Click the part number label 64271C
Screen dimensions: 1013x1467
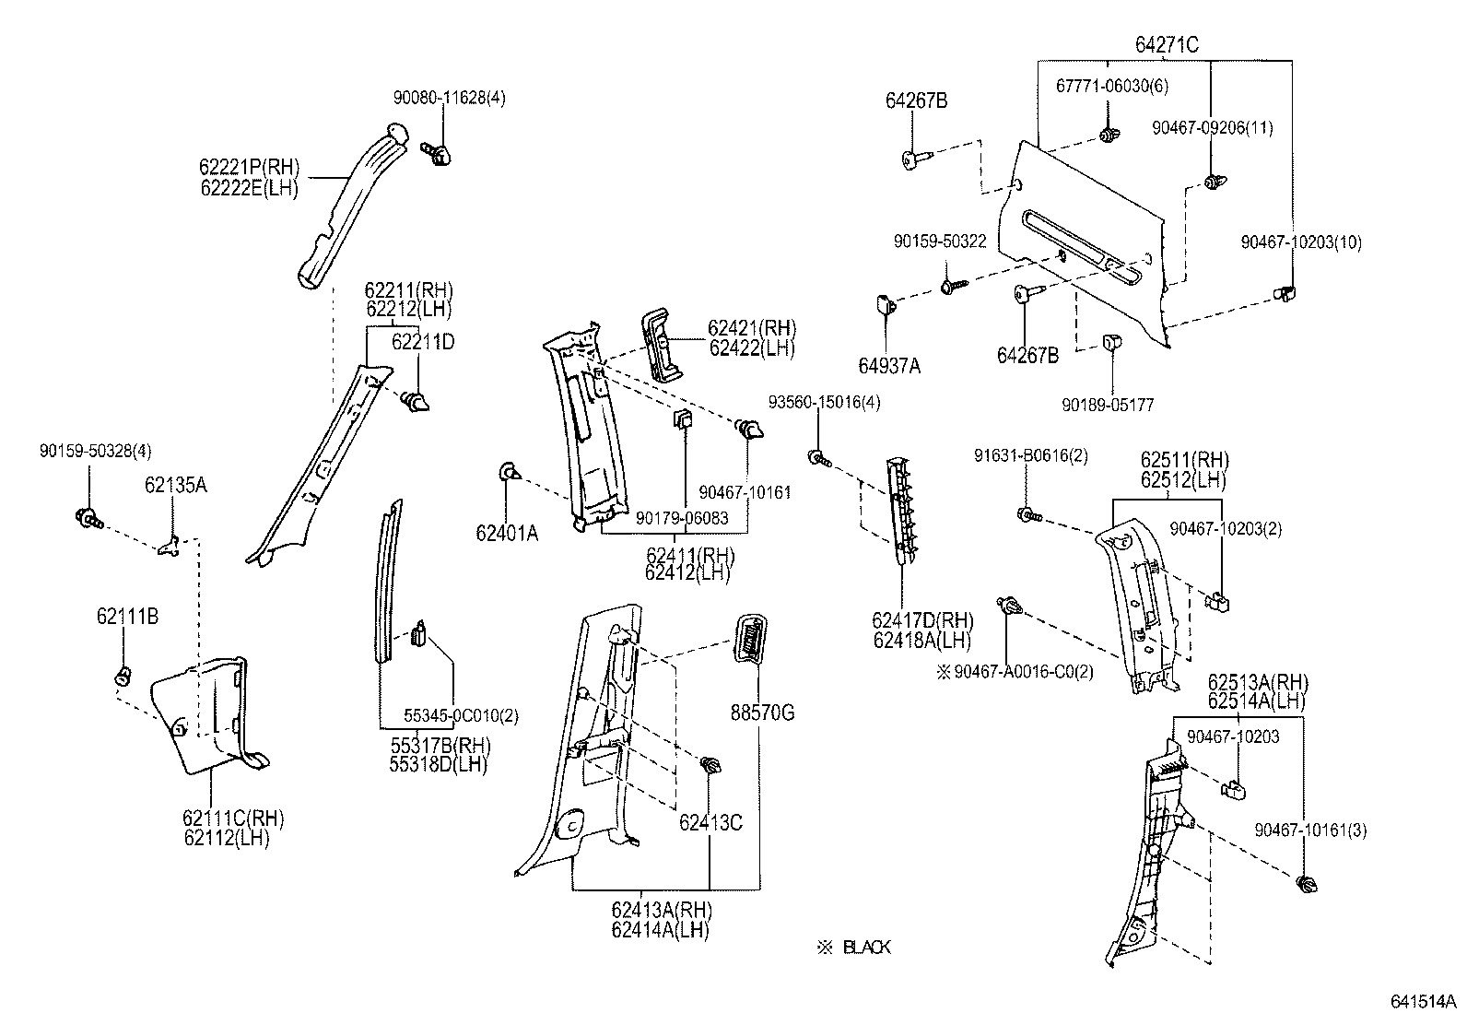pos(1167,44)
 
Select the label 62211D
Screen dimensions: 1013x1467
pos(423,342)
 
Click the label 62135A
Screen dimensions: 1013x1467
pos(175,485)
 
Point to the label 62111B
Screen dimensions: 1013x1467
pos(127,617)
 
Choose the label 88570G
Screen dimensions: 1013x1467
pos(762,713)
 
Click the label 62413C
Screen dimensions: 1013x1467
pos(710,823)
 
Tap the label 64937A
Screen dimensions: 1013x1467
pos(889,366)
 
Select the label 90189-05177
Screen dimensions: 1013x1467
pos(1108,405)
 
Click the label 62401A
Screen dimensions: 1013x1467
pos(507,532)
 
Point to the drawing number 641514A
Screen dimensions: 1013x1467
pos(1424,1000)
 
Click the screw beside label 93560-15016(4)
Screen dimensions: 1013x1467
pos(818,457)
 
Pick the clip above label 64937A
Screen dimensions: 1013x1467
pos(882,302)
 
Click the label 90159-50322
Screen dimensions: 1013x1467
pos(940,241)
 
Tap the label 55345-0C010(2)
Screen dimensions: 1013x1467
pos(461,716)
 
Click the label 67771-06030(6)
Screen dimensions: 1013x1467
pos(1111,86)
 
